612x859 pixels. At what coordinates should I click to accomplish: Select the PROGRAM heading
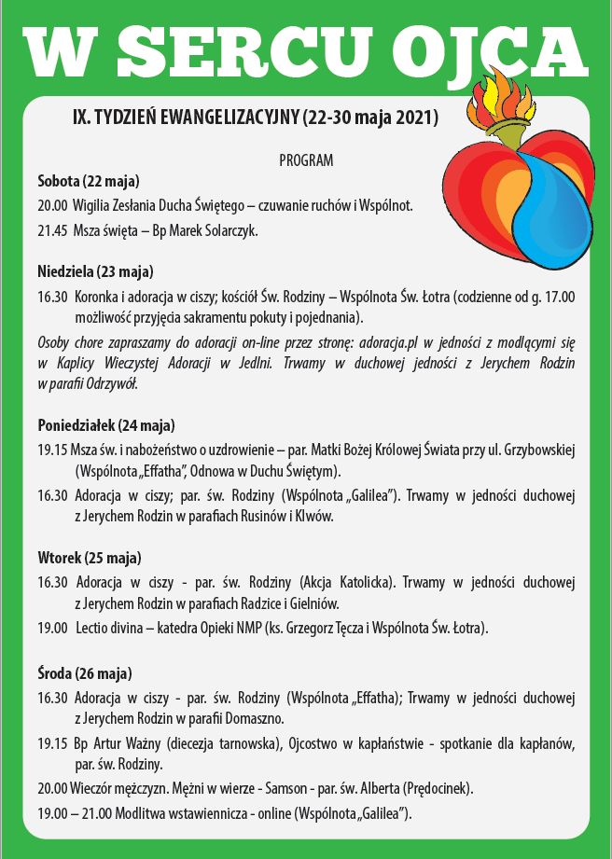pyautogui.click(x=306, y=160)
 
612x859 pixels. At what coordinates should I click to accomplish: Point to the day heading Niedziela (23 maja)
pyautogui.click(x=95, y=272)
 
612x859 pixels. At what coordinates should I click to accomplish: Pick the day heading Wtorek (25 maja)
pyautogui.click(x=90, y=559)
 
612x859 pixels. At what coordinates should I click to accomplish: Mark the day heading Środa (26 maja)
pyautogui.click(x=85, y=672)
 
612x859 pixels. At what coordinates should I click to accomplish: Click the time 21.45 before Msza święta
pyautogui.click(x=51, y=229)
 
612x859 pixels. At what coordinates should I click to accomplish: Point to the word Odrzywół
pyautogui.click(x=121, y=383)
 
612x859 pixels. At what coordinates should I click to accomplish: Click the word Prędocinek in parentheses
pyautogui.click(x=438, y=788)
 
